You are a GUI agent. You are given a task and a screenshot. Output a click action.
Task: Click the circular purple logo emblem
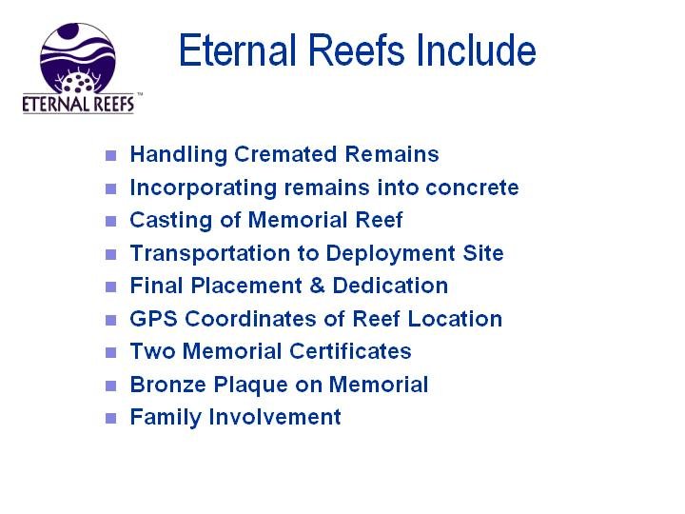pyautogui.click(x=78, y=58)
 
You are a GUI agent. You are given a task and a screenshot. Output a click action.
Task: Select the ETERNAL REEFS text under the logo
pyautogui.click(x=78, y=104)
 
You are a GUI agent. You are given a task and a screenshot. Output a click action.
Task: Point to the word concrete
pyautogui.click(x=472, y=188)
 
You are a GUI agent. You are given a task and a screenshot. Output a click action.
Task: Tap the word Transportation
pyautogui.click(x=210, y=253)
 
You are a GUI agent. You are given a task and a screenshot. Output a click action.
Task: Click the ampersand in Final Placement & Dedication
pyautogui.click(x=318, y=286)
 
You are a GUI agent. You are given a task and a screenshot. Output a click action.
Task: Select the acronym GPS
pyautogui.click(x=154, y=318)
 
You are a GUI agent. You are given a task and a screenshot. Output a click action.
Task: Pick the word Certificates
pyautogui.click(x=350, y=351)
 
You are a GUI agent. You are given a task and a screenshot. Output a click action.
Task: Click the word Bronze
pyautogui.click(x=168, y=385)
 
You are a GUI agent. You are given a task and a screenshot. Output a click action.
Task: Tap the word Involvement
pyautogui.click(x=275, y=417)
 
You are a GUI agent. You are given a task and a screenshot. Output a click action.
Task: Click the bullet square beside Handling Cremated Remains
pyautogui.click(x=111, y=155)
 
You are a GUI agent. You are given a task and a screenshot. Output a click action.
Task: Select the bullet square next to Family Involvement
pyautogui.click(x=111, y=418)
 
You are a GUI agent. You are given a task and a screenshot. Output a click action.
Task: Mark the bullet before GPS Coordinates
pyautogui.click(x=111, y=320)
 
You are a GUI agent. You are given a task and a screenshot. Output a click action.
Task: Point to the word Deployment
pyautogui.click(x=391, y=253)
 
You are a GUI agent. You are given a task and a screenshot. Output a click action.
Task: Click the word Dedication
pyautogui.click(x=391, y=286)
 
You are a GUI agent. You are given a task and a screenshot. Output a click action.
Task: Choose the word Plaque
pyautogui.click(x=251, y=385)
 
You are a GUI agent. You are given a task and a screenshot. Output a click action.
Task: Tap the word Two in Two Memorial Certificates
pyautogui.click(x=152, y=351)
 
